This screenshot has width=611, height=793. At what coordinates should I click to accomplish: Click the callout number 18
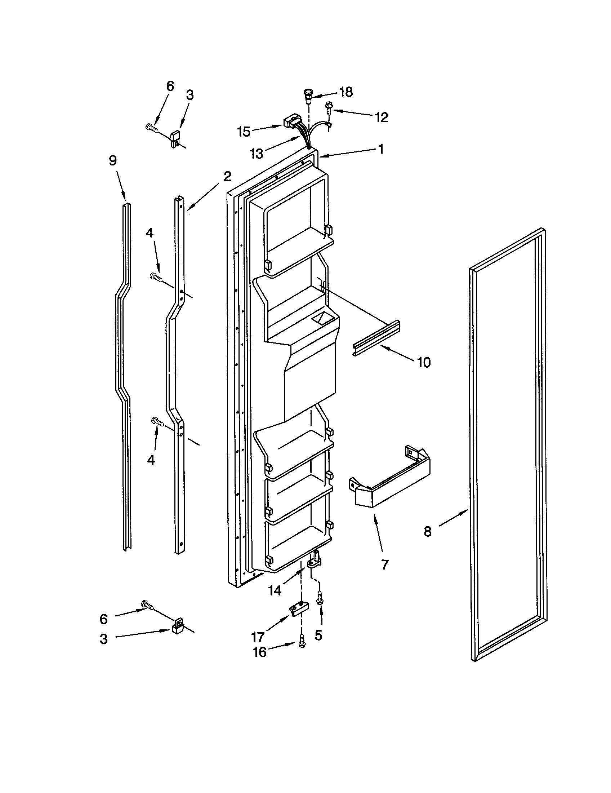click(347, 92)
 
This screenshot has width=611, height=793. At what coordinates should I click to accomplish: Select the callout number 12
click(381, 117)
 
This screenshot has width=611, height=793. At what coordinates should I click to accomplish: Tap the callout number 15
click(244, 132)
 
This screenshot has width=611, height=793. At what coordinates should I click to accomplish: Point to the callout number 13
click(257, 154)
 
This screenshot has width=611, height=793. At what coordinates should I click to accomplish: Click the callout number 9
click(113, 160)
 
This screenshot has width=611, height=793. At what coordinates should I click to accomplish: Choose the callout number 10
click(424, 362)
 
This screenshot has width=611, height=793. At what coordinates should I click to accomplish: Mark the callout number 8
click(428, 532)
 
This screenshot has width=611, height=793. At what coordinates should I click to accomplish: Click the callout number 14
click(275, 591)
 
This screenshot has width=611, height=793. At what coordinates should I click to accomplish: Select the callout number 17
click(258, 637)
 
